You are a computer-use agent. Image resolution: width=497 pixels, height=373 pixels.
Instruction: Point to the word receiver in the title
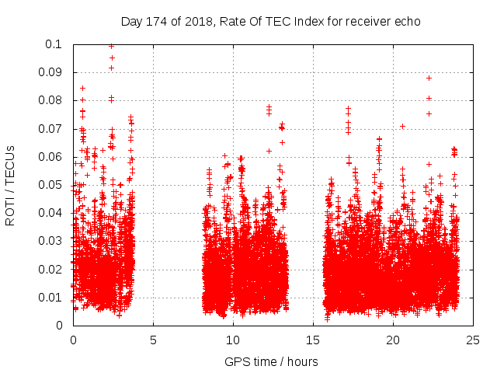[x=365, y=22]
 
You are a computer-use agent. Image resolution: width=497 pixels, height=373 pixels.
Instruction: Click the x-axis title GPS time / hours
[x=271, y=361]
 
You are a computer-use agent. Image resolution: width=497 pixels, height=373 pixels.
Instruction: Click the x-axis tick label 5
[x=153, y=339]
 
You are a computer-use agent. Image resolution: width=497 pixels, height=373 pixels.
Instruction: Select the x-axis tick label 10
[x=233, y=339]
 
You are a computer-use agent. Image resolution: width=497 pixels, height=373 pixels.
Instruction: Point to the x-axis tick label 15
[x=313, y=339]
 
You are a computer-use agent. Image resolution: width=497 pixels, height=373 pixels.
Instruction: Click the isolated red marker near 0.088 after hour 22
[x=429, y=78]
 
